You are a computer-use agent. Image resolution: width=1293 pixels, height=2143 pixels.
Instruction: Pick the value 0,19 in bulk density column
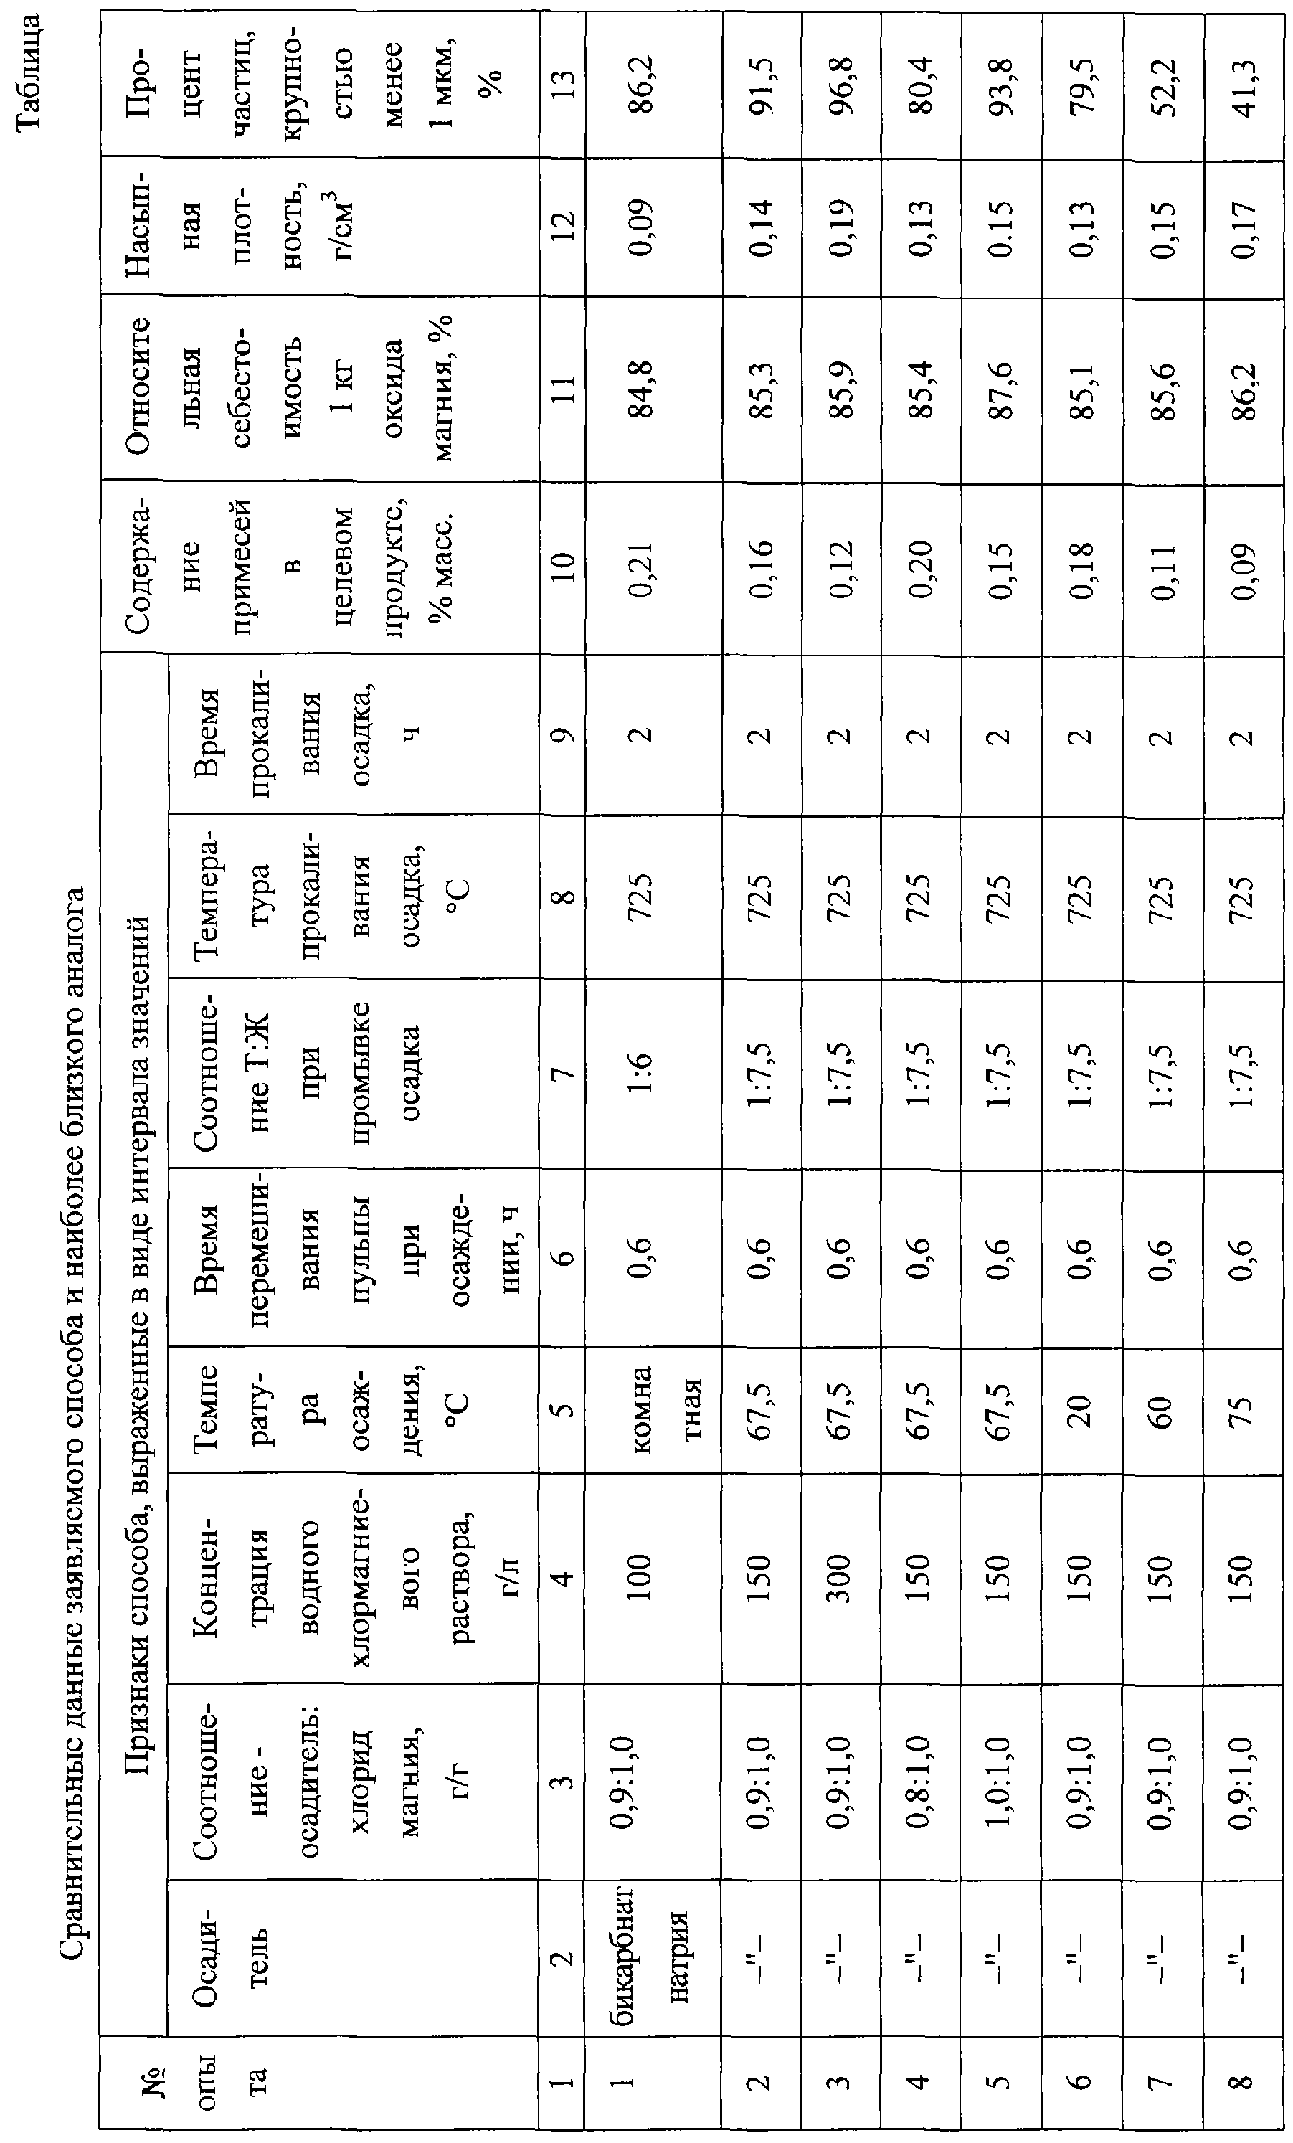[x=840, y=228]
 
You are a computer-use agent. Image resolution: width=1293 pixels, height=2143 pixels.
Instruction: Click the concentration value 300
[x=840, y=1577]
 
